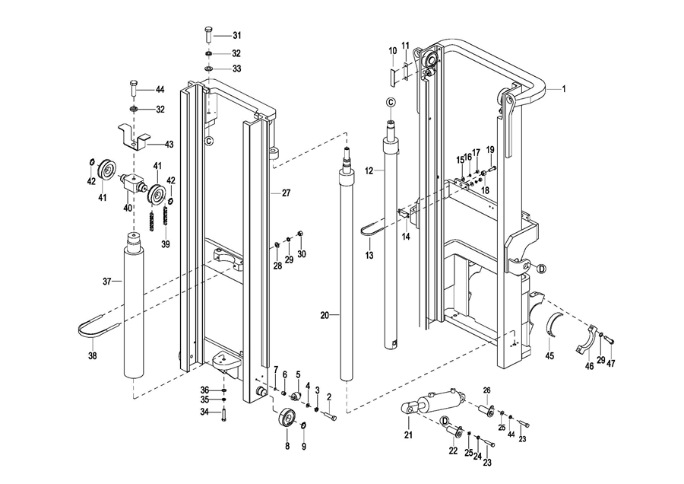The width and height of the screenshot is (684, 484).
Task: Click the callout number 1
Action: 564,89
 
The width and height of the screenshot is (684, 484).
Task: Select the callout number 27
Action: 286,193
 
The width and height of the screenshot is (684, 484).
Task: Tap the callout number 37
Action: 107,282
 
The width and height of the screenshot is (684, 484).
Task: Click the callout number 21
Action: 407,435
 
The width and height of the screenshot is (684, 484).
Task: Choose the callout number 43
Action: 169,144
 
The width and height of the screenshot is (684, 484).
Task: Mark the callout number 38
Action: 93,355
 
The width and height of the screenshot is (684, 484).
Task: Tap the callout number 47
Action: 610,364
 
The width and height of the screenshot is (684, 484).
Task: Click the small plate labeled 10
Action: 393,75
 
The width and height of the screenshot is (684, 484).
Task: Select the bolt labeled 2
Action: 328,416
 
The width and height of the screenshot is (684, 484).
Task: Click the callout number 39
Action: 166,244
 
